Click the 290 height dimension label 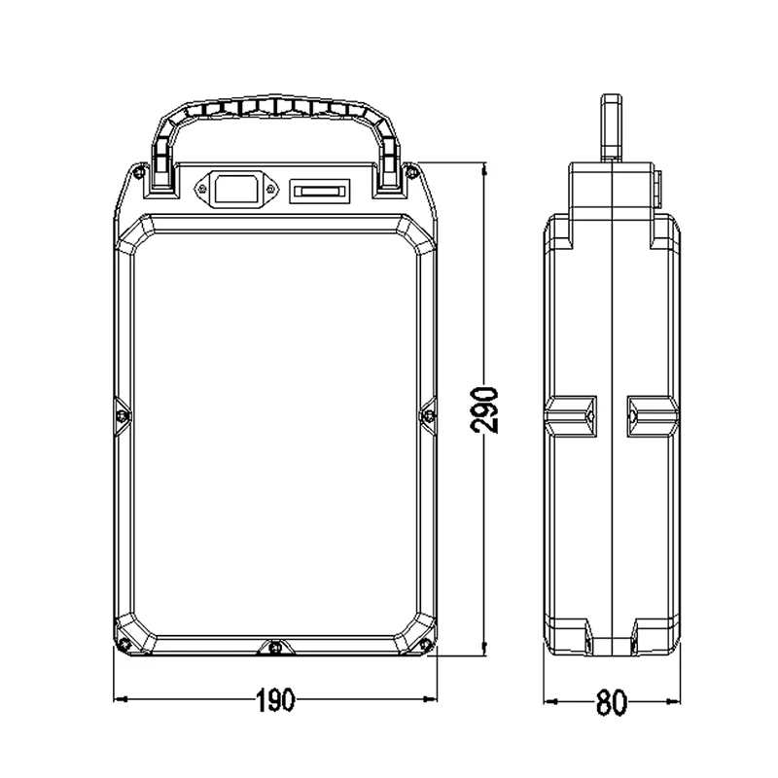click(484, 411)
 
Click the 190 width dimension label click(275, 700)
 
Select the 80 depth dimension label click(612, 702)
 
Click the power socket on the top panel click(236, 188)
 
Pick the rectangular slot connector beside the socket click(320, 192)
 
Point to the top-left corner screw click(136, 171)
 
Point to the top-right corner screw click(410, 172)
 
